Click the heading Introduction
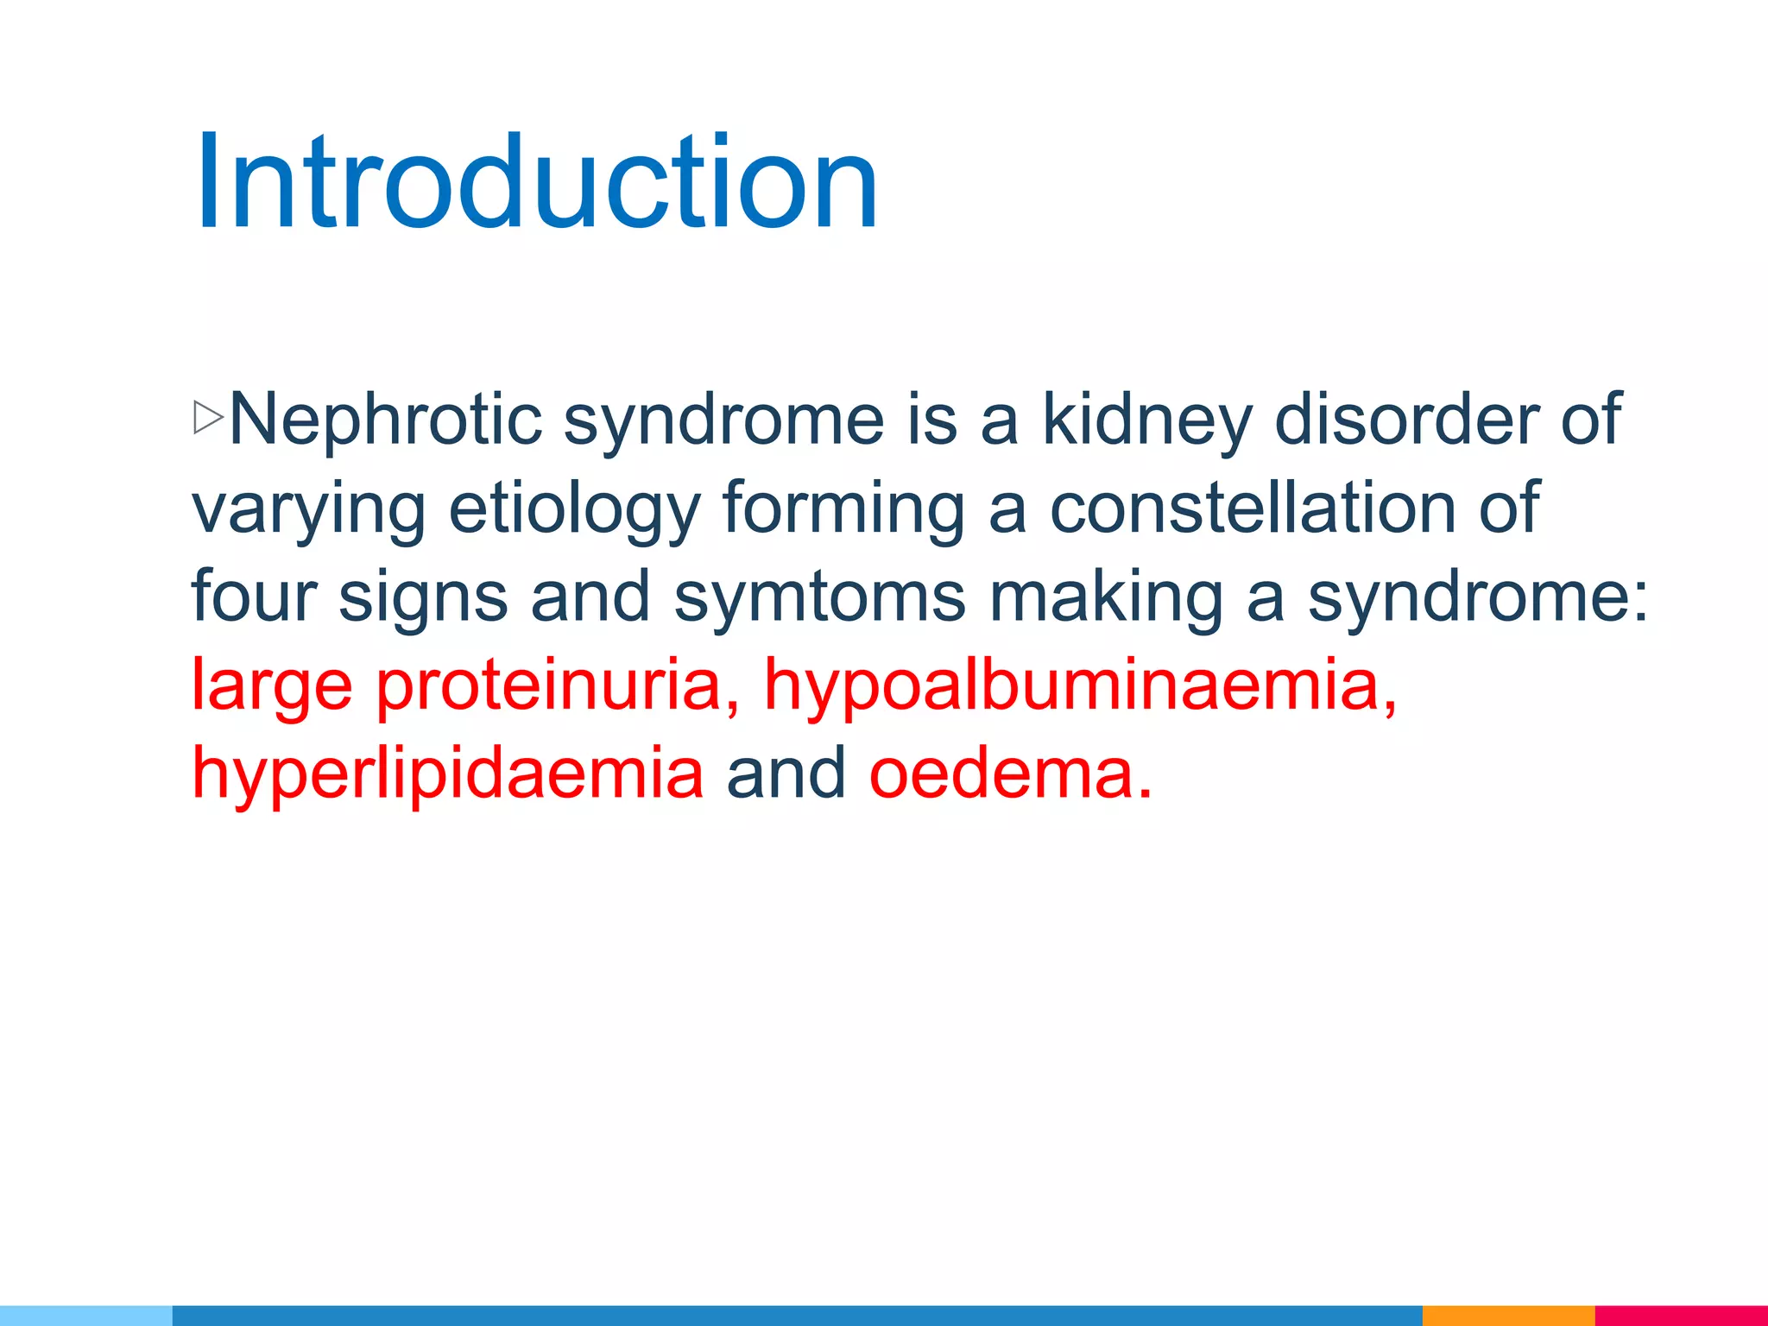[535, 183]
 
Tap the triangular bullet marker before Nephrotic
[208, 418]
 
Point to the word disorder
[1407, 419]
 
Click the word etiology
[574, 509]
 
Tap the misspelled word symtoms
[818, 597]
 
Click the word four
[254, 597]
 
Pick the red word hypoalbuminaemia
[1079, 686]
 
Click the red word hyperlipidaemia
[447, 774]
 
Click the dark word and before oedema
[786, 774]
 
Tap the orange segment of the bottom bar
[1507, 1316]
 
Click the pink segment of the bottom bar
[1680, 1316]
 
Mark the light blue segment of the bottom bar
[86, 1316]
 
